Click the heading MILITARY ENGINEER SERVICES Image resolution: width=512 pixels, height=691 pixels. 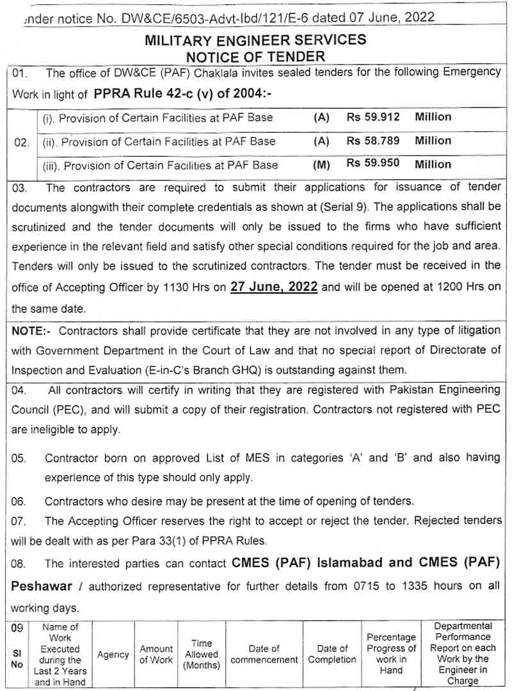coord(255,40)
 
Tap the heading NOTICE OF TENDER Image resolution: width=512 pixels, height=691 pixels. coord(255,56)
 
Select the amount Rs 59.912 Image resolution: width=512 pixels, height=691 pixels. coord(373,117)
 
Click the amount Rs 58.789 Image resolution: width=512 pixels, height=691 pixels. coord(373,141)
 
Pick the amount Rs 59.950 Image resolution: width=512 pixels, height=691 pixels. coord(373,164)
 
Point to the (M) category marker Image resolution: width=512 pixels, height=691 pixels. coord(321,165)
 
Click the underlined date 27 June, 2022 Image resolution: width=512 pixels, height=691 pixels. coord(274,287)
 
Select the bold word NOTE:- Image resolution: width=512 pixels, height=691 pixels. coord(32,330)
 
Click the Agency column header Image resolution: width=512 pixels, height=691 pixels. coord(113,655)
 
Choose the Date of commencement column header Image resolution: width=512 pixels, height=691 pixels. coord(264,654)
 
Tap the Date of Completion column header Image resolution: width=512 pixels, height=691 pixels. coord(332,654)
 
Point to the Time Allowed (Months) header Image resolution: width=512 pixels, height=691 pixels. coord(202,654)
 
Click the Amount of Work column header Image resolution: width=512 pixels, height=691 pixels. coord(157,654)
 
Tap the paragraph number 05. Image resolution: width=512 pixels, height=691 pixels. coord(19,458)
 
